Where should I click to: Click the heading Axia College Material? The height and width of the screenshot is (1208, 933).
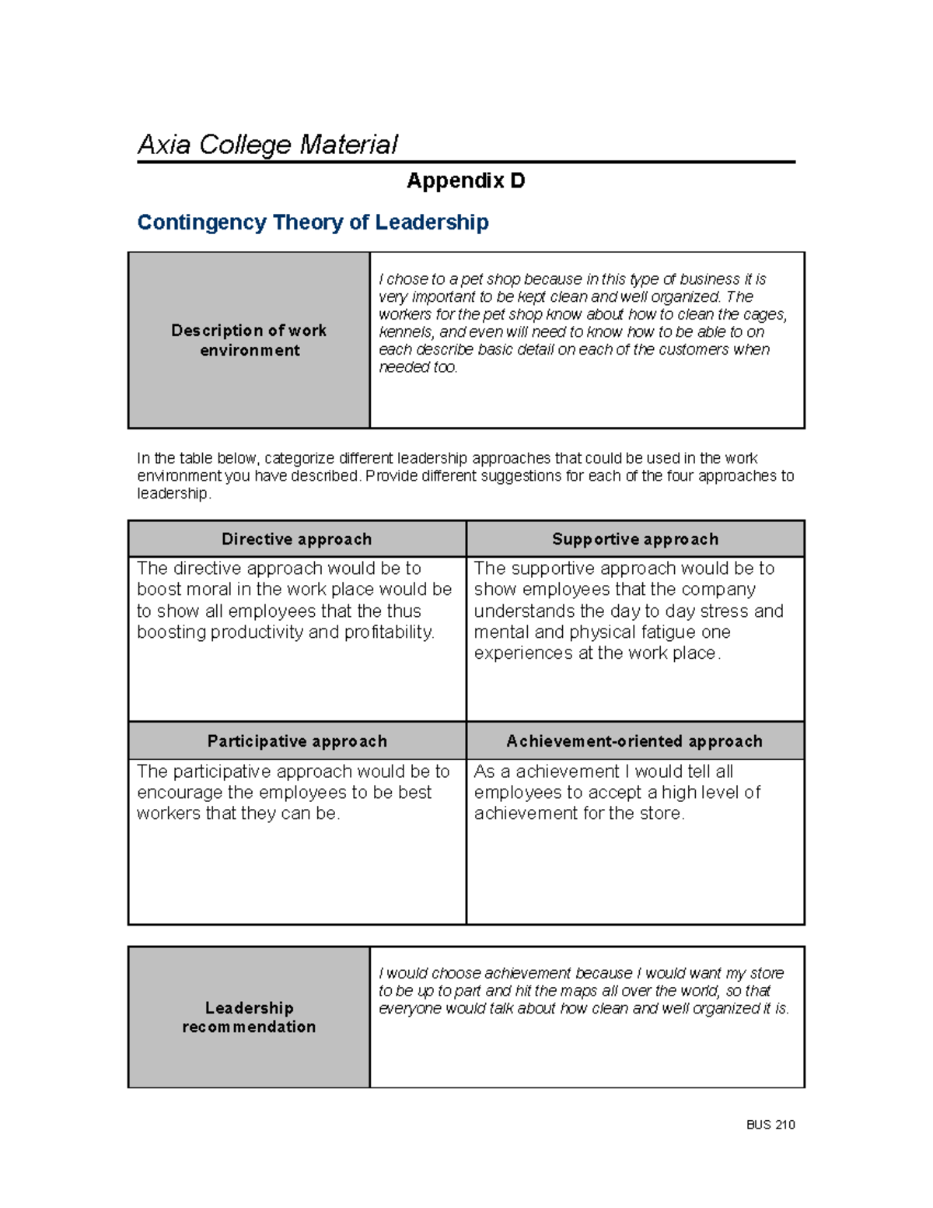pyautogui.click(x=267, y=145)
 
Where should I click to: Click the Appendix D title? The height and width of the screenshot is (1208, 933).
pyautogui.click(x=466, y=181)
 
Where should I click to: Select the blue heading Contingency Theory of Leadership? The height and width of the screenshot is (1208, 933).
pyautogui.click(x=313, y=222)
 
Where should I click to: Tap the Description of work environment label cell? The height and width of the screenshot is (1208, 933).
pyautogui.click(x=249, y=340)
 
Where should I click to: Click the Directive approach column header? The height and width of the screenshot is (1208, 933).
pyautogui.click(x=296, y=539)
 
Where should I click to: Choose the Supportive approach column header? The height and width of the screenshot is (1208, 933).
pyautogui.click(x=634, y=539)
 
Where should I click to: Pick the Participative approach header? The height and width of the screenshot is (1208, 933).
pyautogui.click(x=296, y=741)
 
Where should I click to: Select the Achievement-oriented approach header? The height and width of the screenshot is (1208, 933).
pyautogui.click(x=634, y=741)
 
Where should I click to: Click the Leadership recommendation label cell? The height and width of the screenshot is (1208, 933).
pyautogui.click(x=249, y=1017)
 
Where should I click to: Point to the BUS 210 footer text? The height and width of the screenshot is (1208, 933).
pyautogui.click(x=770, y=1125)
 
